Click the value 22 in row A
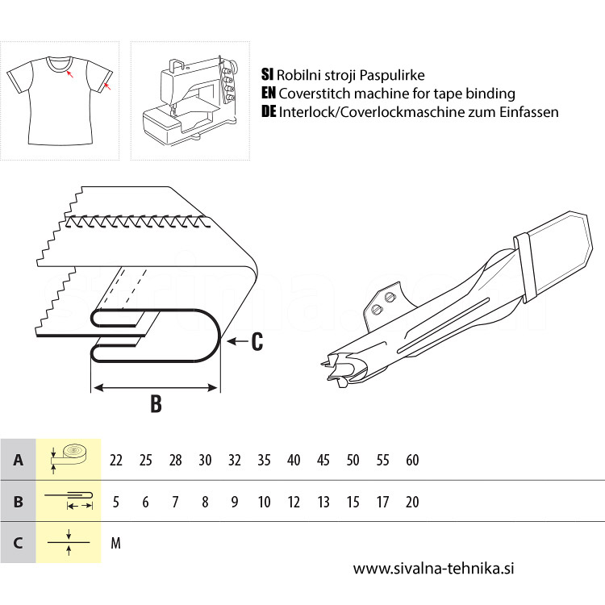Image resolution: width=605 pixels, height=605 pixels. (x=115, y=460)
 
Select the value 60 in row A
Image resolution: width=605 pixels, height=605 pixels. (x=412, y=460)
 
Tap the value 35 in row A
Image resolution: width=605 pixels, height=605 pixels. (x=264, y=460)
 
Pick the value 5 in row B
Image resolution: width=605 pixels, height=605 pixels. (x=115, y=502)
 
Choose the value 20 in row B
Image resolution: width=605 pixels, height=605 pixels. (x=412, y=502)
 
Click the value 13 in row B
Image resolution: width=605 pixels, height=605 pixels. (x=323, y=502)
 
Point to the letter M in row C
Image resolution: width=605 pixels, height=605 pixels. (x=115, y=543)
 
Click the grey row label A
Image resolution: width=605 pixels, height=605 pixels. (x=18, y=460)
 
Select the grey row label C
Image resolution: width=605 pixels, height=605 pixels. (x=18, y=543)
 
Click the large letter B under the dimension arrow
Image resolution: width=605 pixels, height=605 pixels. (x=156, y=403)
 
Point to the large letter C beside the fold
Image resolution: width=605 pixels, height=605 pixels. (x=257, y=341)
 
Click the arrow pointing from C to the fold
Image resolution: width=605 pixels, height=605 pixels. (x=237, y=341)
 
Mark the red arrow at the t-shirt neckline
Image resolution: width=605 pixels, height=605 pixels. (x=69, y=73)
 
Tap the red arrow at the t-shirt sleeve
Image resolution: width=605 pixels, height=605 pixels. (x=107, y=86)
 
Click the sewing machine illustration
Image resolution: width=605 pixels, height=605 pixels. (x=190, y=102)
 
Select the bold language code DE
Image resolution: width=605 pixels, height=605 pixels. (x=269, y=111)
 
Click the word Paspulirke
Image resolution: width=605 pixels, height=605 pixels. (x=392, y=75)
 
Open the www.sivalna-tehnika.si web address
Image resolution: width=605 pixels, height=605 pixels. (x=433, y=569)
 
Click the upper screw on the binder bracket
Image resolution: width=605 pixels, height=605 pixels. (x=390, y=297)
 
